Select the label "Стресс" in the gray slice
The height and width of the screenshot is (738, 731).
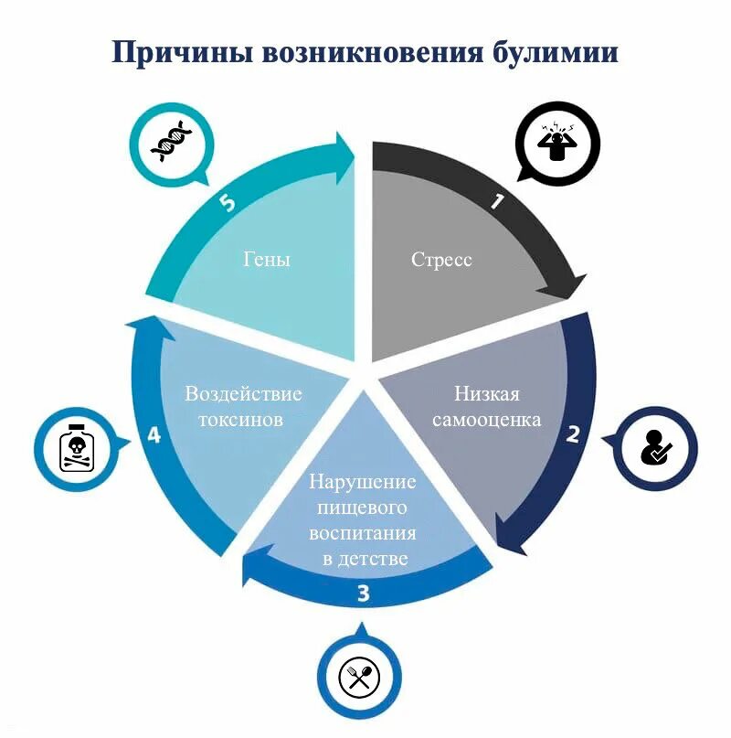pos(441,260)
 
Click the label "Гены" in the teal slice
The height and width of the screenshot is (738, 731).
pos(267,260)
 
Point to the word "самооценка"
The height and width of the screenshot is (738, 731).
pos(487,420)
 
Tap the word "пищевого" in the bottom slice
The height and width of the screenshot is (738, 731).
pos(363,508)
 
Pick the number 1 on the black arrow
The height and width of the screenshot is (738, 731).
pos(496,202)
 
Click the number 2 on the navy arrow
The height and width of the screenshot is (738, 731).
pos(573,434)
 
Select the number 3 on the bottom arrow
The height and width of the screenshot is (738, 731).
pos(363,595)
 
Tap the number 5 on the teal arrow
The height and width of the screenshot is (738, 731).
pos(228,203)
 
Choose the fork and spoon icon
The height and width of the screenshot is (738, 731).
pos(359,677)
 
